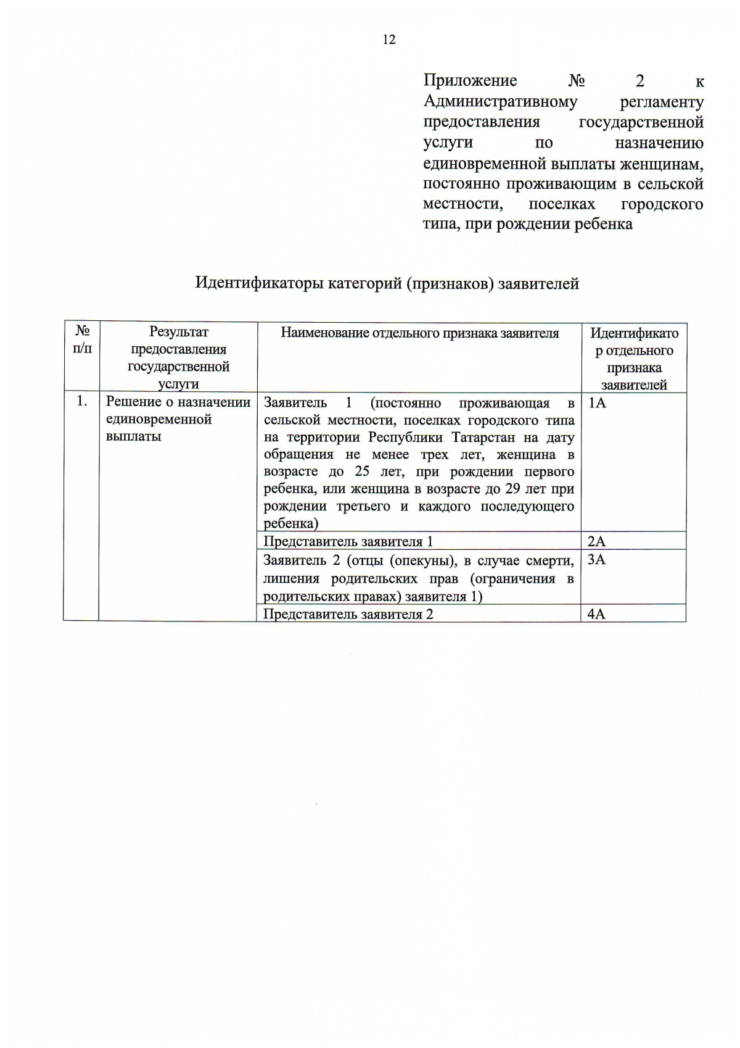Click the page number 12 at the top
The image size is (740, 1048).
coord(389,40)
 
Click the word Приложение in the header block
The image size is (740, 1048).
coord(470,81)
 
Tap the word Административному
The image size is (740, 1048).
coord(500,101)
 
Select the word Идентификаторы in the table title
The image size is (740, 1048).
coord(259,283)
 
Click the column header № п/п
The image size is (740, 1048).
coord(82,340)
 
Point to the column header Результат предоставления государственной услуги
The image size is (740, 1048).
coord(178,357)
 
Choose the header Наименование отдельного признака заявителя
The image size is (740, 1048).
coord(419,333)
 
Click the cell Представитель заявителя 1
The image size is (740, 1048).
coord(348,541)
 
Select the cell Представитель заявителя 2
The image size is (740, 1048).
coord(348,614)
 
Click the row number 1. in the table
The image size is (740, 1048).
coord(82,401)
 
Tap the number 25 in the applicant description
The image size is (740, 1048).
coord(362,472)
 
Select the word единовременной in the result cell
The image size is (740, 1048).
coord(158,419)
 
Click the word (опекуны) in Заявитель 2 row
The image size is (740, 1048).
coord(424,560)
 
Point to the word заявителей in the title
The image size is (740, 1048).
coord(538,283)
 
